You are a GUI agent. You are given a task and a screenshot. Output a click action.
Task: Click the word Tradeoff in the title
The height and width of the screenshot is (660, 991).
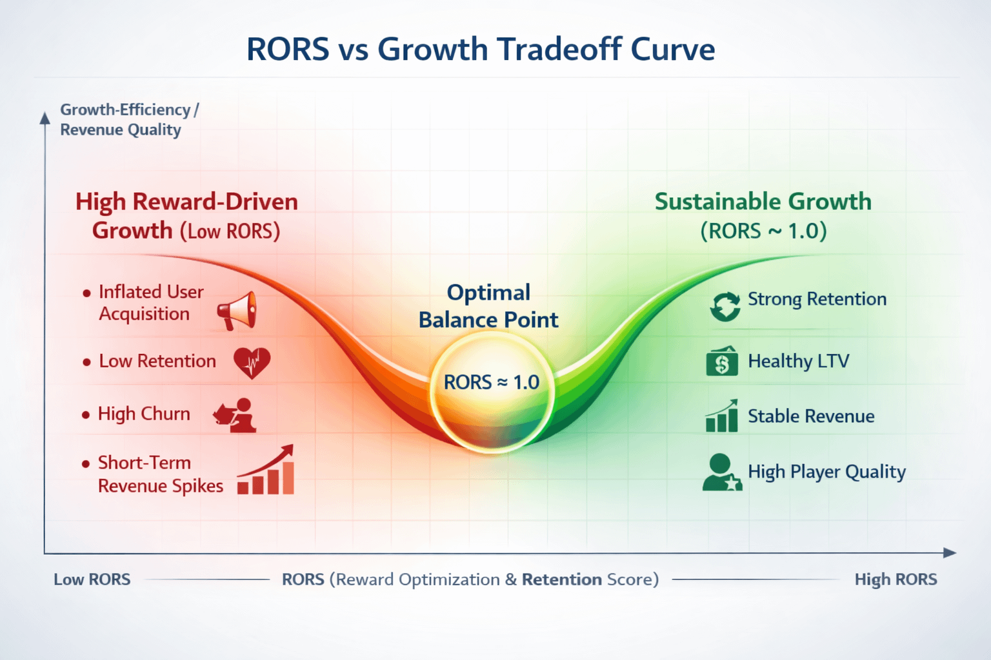click(559, 48)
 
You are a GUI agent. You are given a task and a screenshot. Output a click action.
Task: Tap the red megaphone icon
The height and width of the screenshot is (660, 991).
click(237, 310)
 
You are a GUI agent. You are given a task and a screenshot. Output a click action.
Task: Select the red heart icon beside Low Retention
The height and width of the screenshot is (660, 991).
click(252, 362)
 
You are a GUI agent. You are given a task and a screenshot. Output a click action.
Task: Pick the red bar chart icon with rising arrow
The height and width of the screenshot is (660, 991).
click(266, 469)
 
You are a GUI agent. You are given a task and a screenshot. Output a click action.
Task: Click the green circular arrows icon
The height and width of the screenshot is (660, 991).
click(725, 306)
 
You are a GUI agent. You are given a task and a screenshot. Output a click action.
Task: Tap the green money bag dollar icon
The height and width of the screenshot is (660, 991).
click(722, 361)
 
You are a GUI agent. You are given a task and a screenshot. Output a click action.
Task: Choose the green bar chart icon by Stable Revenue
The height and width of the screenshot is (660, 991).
click(722, 416)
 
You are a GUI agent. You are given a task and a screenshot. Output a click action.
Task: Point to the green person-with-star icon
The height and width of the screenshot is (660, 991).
click(722, 472)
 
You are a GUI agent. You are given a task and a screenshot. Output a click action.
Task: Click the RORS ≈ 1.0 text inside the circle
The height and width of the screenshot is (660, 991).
click(492, 382)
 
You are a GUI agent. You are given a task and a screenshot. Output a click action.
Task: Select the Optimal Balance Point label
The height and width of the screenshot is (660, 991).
click(488, 306)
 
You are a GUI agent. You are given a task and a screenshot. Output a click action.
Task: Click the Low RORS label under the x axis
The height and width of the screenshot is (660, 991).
click(92, 579)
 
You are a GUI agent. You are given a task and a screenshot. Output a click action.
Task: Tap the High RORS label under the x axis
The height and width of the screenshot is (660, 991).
click(896, 579)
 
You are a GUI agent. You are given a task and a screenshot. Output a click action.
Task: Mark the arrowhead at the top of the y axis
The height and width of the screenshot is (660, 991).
click(45, 118)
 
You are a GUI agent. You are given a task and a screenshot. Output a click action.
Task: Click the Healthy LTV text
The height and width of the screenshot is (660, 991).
click(799, 361)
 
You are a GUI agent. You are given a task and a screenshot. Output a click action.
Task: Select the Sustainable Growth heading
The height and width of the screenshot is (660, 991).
click(763, 202)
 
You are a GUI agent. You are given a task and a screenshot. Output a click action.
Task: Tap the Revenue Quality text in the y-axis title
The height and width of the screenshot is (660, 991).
click(121, 130)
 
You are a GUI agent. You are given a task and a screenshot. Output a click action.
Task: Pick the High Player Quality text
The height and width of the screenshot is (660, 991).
click(827, 472)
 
